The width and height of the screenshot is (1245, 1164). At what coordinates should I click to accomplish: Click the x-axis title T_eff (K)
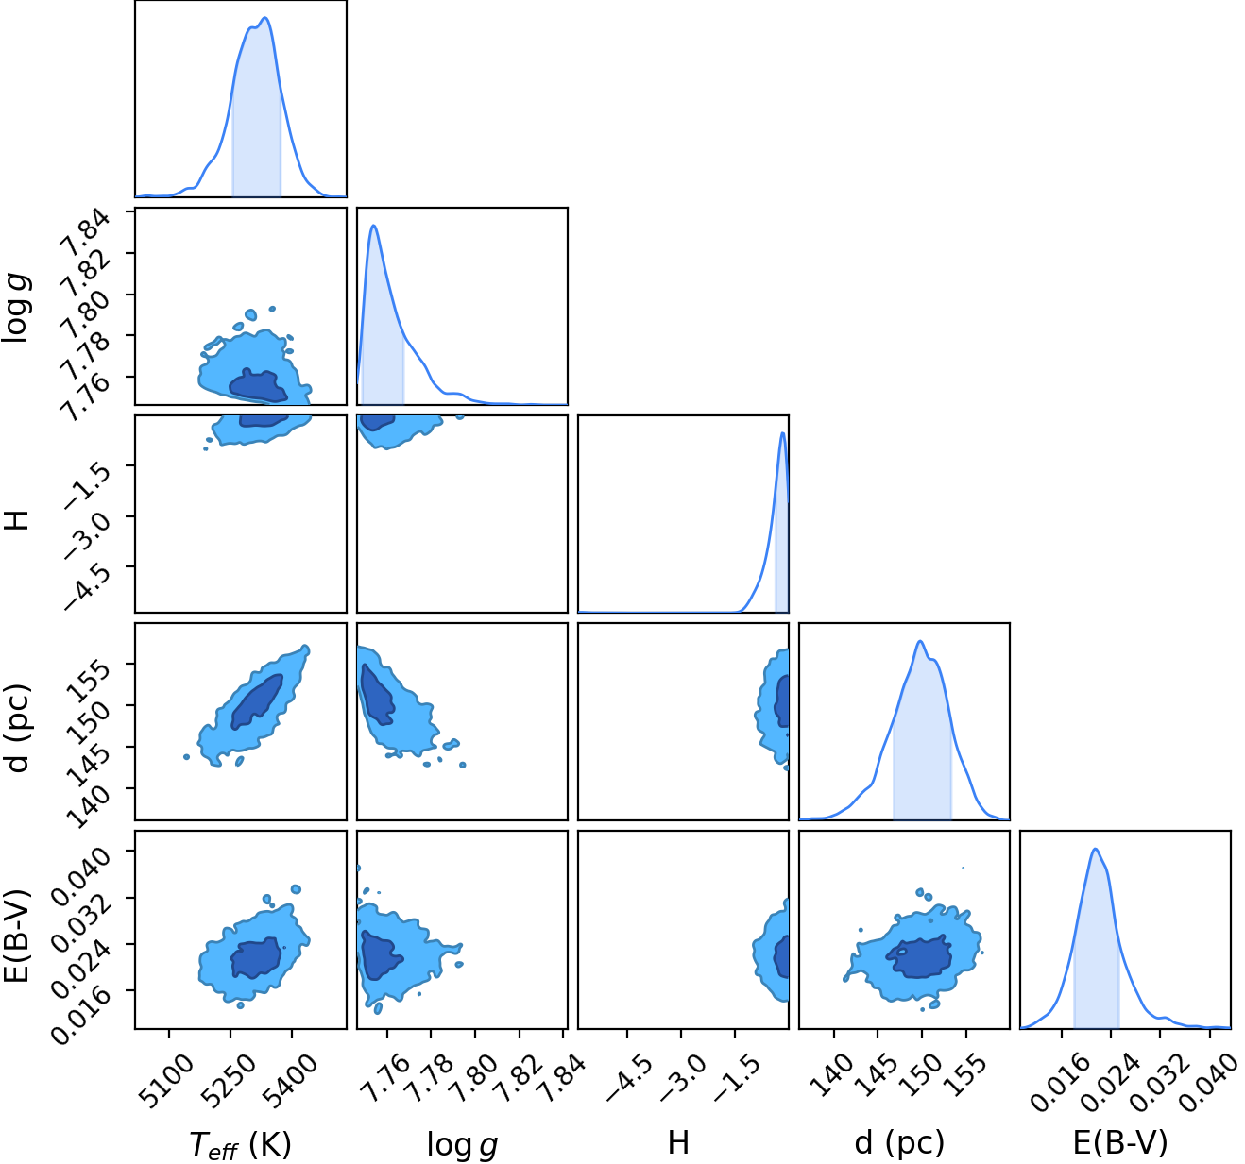tap(240, 1144)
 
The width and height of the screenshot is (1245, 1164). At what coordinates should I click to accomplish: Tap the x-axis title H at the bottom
tap(678, 1142)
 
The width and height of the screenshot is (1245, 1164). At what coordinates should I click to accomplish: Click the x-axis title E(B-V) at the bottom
tap(1120, 1143)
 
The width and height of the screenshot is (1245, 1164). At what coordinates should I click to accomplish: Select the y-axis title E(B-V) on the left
tap(16, 936)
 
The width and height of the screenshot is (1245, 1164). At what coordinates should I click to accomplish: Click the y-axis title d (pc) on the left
tap(17, 728)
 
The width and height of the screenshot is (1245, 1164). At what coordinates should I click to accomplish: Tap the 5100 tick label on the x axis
tap(167, 1081)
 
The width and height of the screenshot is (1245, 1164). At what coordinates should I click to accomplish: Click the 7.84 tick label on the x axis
tap(562, 1079)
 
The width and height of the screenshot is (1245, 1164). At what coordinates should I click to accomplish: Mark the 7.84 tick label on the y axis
tap(87, 231)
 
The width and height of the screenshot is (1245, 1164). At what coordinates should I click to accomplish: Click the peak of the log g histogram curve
tap(374, 226)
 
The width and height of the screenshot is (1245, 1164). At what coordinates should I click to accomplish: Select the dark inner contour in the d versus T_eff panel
tap(258, 701)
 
